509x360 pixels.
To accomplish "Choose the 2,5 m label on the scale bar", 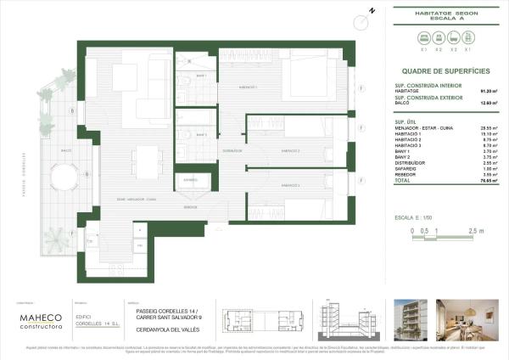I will click(475, 231).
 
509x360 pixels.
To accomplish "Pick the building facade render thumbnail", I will click(419, 319).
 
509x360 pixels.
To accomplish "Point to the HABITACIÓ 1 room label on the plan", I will click(248, 87).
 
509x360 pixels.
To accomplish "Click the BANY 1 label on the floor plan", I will click(201, 76).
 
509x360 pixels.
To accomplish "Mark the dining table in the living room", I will click(147, 160).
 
